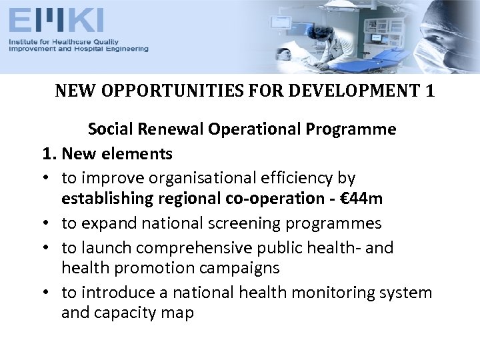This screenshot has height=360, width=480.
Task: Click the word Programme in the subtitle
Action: (355, 129)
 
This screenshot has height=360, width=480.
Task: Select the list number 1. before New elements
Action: (49, 154)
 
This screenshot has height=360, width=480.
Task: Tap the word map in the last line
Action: (177, 313)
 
